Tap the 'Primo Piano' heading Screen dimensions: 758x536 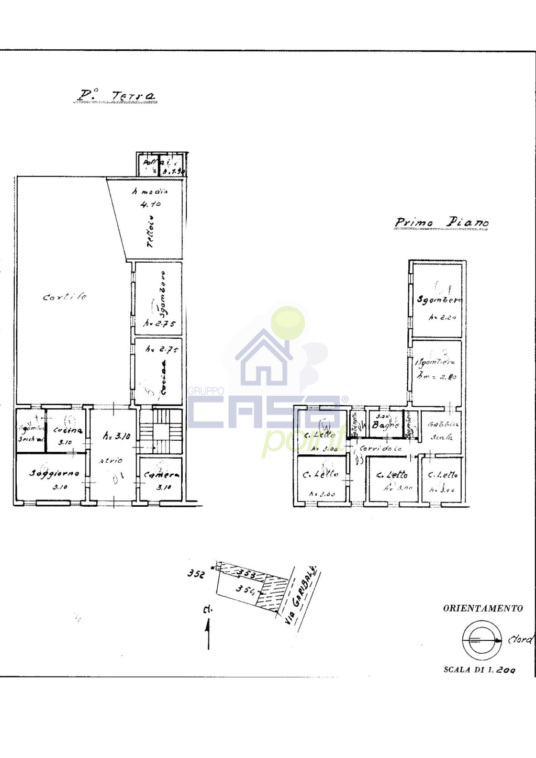coord(441,222)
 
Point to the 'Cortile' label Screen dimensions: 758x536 coord(65,297)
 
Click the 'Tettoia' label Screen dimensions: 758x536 coord(151,231)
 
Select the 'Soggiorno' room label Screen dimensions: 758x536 coord(54,473)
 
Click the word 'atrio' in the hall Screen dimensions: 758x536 coord(111,461)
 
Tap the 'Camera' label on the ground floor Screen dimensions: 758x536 coord(162,475)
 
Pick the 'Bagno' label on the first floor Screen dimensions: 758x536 coord(385,425)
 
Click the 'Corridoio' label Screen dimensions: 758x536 coord(381,449)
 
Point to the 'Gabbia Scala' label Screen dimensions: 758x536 coord(442,430)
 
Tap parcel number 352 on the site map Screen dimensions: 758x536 coord(196,574)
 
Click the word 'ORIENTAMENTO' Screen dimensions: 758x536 coord(483,608)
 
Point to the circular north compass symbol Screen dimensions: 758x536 coord(478,640)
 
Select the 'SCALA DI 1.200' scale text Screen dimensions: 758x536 coord(479,670)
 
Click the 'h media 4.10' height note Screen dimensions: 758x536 coord(150,198)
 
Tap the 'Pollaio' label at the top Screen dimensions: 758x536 coord(153,163)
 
